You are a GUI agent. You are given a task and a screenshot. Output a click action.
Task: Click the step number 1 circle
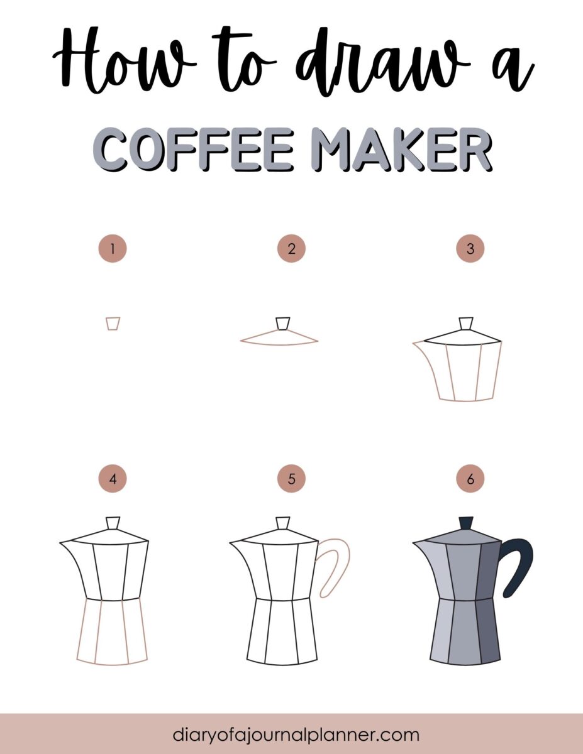113,249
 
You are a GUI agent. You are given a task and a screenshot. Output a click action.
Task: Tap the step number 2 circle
291,249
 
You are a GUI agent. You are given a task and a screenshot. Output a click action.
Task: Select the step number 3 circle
470,249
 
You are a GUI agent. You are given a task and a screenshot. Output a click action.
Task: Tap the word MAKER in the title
402,150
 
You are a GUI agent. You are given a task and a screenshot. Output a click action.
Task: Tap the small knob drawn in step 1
113,323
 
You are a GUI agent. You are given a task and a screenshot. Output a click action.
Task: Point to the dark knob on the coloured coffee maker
466,523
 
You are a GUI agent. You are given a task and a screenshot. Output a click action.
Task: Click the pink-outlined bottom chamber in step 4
113,631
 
